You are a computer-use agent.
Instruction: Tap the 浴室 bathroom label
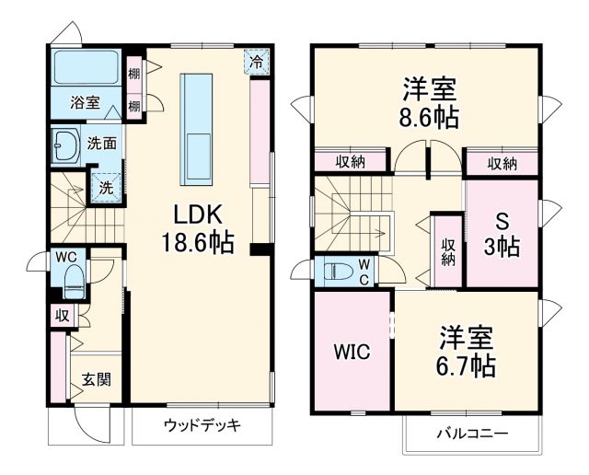point(85,103)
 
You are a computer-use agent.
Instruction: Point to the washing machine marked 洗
point(106,186)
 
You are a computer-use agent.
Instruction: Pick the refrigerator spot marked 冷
point(259,63)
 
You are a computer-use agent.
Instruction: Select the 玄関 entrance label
point(95,379)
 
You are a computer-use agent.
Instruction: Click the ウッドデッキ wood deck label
point(202,425)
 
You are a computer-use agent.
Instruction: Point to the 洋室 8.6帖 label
point(430,104)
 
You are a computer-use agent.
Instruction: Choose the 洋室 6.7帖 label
point(467,352)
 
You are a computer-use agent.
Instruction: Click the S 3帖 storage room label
point(502,236)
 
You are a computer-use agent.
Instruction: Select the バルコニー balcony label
point(471,433)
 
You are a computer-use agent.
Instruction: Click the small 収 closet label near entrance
point(61,315)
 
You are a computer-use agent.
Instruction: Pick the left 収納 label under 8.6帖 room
point(350,162)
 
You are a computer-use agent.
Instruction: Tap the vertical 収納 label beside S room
point(448,250)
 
